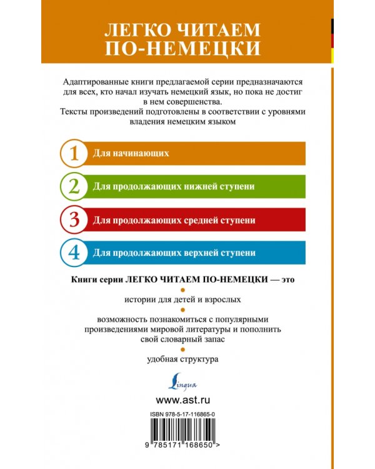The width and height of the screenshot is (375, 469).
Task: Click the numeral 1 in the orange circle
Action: point(74,153)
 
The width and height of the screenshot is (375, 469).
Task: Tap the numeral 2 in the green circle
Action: point(74,186)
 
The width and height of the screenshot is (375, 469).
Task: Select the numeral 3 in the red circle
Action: point(74,220)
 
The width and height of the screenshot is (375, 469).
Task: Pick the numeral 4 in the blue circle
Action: point(74,253)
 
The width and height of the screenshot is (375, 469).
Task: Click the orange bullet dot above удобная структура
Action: point(182,349)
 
